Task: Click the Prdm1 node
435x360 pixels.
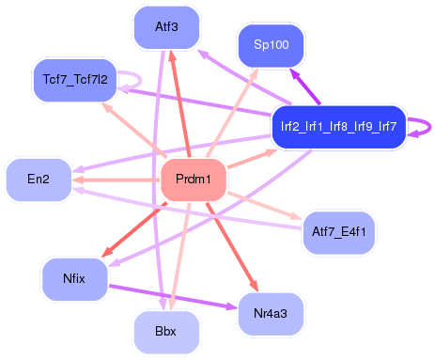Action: [x=193, y=180]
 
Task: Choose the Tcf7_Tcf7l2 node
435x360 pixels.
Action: [x=75, y=79]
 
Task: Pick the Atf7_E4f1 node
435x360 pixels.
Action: [x=338, y=231]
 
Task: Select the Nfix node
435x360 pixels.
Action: [x=74, y=279]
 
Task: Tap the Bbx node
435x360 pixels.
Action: [x=166, y=331]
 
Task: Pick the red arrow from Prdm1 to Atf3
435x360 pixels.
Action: [x=180, y=103]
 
